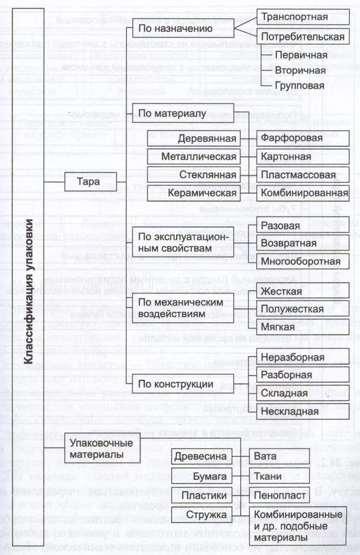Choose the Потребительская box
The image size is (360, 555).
pyautogui.click(x=303, y=37)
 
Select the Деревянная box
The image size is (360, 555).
pyautogui.click(x=194, y=138)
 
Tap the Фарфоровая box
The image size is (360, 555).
pyautogui.click(x=303, y=138)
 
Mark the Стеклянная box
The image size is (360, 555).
pyautogui.click(x=194, y=175)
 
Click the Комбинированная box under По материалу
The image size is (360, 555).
pyautogui.click(x=303, y=193)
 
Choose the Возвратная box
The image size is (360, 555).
pyautogui.click(x=303, y=243)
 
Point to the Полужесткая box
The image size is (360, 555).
pyautogui.click(x=303, y=309)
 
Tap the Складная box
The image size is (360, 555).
pyautogui.click(x=303, y=393)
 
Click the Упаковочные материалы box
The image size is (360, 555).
pyautogui.click(x=95, y=449)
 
